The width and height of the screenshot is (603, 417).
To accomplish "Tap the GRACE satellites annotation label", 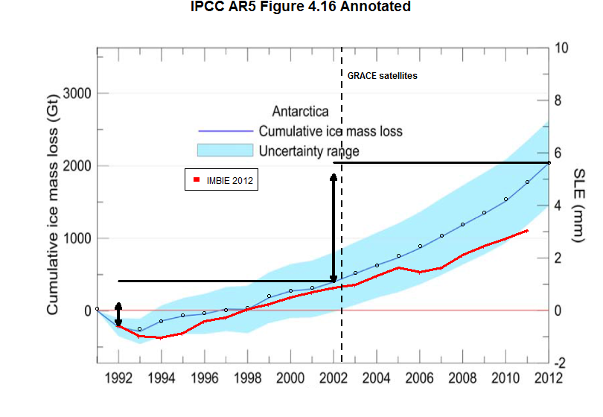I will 382,76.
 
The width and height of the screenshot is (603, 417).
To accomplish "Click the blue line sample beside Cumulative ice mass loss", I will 226,132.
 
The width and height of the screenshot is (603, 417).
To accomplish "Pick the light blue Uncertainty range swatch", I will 226,150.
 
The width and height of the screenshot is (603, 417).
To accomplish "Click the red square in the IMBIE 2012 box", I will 197,179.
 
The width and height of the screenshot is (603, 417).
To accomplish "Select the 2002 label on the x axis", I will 334,377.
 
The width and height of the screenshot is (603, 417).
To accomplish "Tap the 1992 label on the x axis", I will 118,377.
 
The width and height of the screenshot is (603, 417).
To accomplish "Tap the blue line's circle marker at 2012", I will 549,162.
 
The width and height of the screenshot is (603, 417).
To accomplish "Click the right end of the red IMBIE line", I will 528,231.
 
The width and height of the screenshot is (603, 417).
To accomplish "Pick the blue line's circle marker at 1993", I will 139,328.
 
